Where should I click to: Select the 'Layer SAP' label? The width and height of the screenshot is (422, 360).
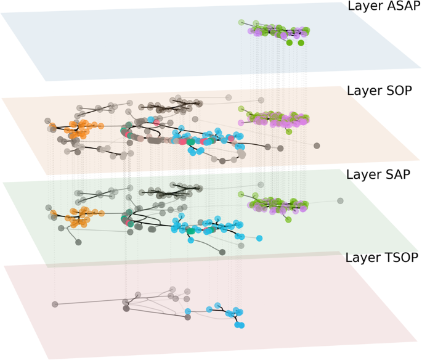(378, 174)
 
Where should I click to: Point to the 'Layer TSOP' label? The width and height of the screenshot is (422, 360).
(381, 258)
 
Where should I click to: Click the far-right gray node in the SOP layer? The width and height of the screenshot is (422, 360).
(317, 145)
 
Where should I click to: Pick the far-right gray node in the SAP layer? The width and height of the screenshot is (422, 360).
(340, 200)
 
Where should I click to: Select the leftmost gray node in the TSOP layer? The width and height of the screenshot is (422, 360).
(55, 304)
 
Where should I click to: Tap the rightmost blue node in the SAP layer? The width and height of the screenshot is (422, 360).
(259, 238)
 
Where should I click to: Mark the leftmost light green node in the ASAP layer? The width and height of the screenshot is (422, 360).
(241, 23)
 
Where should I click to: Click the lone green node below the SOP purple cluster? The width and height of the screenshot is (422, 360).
(288, 131)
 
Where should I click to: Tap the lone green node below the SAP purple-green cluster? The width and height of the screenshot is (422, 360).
(288, 219)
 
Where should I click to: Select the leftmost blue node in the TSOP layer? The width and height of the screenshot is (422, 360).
(188, 311)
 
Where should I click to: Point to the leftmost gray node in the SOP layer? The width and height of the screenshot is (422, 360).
(48, 121)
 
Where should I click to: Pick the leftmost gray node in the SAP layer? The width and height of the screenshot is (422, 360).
(48, 207)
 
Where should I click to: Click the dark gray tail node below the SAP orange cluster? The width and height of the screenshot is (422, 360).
(78, 242)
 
